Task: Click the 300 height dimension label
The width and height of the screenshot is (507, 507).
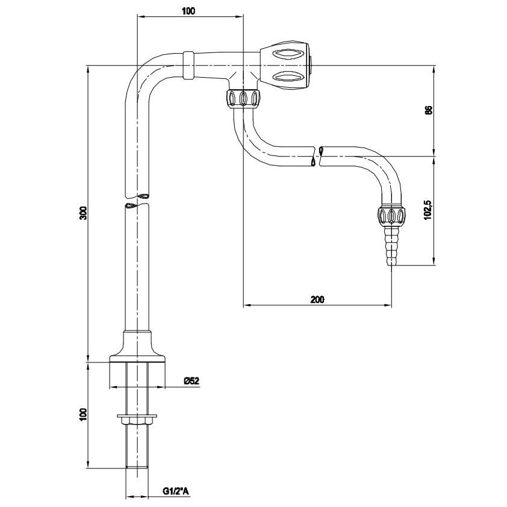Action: (x=84, y=213)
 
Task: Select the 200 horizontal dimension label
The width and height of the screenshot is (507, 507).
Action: (x=317, y=299)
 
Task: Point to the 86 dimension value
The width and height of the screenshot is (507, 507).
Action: (x=428, y=110)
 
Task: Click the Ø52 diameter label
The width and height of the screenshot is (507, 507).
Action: (x=191, y=381)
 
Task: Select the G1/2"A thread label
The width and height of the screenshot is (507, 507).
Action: (x=176, y=492)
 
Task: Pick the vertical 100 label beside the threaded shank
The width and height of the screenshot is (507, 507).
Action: (x=84, y=414)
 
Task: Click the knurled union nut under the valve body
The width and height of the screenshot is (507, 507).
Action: (x=243, y=98)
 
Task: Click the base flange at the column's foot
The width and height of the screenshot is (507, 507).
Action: (x=137, y=355)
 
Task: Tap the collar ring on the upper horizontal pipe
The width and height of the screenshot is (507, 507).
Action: (x=188, y=64)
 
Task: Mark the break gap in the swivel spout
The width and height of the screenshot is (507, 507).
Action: (x=317, y=155)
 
